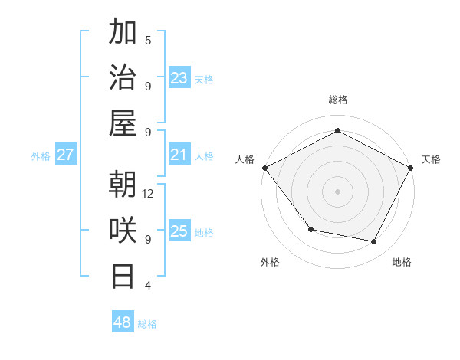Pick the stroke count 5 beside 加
148,41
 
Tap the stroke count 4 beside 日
148,286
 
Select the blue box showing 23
179,78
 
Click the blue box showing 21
179,155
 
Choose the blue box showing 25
179,231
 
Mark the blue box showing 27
65,155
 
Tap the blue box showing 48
123,322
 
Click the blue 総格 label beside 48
147,324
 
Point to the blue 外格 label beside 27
41,156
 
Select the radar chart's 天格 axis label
431,159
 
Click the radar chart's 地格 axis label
402,262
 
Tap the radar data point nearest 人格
264,167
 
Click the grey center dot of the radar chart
337,191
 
